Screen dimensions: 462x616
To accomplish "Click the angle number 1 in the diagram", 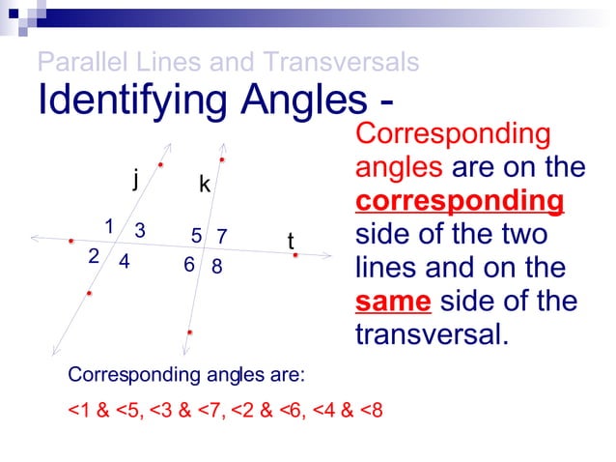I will pyautogui.click(x=109, y=226).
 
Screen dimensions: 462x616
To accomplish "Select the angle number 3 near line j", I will pyautogui.click(x=140, y=230).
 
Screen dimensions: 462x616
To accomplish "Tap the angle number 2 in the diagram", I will pyautogui.click(x=94, y=256).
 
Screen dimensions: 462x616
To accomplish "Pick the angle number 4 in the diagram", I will pyautogui.click(x=125, y=261).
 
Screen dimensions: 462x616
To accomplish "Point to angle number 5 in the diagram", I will pyautogui.click(x=196, y=236).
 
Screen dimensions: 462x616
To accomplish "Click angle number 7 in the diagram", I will pyautogui.click(x=221, y=236).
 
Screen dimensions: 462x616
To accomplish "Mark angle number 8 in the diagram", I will pyautogui.click(x=217, y=266).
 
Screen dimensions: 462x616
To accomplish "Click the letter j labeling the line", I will pyautogui.click(x=136, y=179).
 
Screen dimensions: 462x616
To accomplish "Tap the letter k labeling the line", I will pyautogui.click(x=205, y=184).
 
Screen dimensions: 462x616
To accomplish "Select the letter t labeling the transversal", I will pyautogui.click(x=291, y=241).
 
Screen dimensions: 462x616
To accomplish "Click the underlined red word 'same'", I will pyautogui.click(x=392, y=301).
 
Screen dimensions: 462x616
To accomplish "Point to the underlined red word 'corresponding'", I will pyautogui.click(x=460, y=201).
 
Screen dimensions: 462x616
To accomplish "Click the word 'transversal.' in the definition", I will pyautogui.click(x=431, y=334).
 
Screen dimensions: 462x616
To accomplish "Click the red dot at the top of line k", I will pyautogui.click(x=222, y=159).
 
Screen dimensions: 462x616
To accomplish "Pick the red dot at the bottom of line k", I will pyautogui.click(x=190, y=332).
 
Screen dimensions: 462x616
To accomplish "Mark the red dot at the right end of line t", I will pyautogui.click(x=295, y=255).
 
